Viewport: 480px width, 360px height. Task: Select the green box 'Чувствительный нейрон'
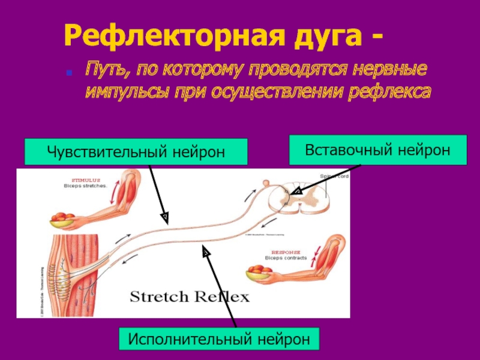[136, 152]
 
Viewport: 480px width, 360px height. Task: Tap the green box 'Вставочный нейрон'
[377, 150]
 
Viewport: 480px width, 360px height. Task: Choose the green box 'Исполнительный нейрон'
[219, 340]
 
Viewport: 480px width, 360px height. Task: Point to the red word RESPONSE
[286, 253]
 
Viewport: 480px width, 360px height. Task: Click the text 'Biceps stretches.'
[85, 186]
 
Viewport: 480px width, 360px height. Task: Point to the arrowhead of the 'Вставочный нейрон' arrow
[295, 191]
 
